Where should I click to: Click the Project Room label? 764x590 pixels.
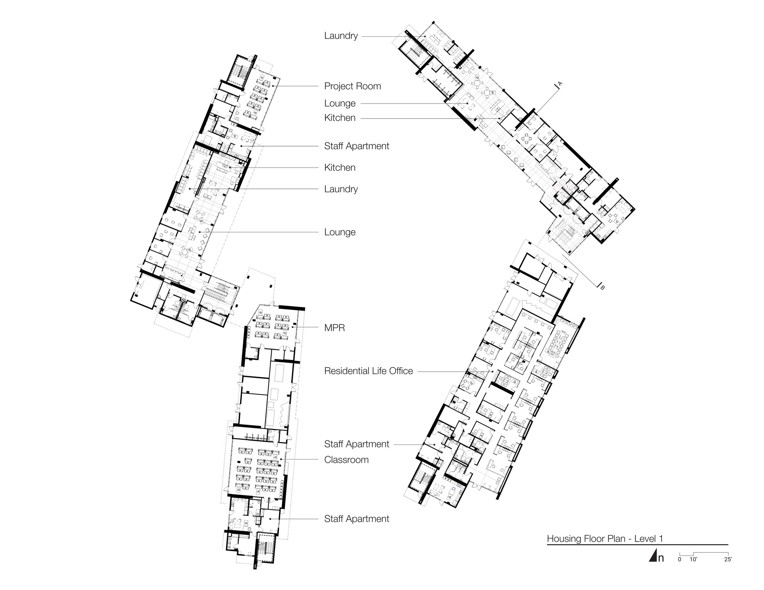pyautogui.click(x=352, y=86)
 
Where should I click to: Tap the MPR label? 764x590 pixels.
pyautogui.click(x=334, y=327)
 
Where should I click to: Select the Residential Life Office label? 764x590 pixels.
pyautogui.click(x=368, y=371)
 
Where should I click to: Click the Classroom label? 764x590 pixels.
pyautogui.click(x=346, y=459)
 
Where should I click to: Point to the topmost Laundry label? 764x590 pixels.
pyautogui.click(x=341, y=36)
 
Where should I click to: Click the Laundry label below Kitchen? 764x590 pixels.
pyautogui.click(x=341, y=189)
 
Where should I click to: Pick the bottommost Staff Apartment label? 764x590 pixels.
pyautogui.click(x=356, y=519)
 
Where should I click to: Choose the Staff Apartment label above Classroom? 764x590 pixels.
pyautogui.click(x=356, y=444)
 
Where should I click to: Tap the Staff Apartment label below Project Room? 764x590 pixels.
pyautogui.click(x=356, y=146)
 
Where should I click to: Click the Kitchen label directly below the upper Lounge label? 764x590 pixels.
pyautogui.click(x=340, y=118)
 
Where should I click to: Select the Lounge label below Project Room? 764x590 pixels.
pyautogui.click(x=340, y=103)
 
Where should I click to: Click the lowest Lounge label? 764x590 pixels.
pyautogui.click(x=340, y=232)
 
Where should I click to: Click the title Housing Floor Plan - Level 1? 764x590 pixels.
pyautogui.click(x=605, y=539)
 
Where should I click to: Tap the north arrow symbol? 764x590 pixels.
pyautogui.click(x=653, y=556)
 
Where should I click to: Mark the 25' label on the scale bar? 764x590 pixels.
pyautogui.click(x=728, y=559)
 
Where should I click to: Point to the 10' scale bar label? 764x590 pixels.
pyautogui.click(x=693, y=559)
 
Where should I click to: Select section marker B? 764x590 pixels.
pyautogui.click(x=602, y=287)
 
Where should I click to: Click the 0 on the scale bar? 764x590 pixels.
pyautogui.click(x=679, y=559)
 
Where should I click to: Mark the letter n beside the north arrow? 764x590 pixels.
pyautogui.click(x=661, y=558)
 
